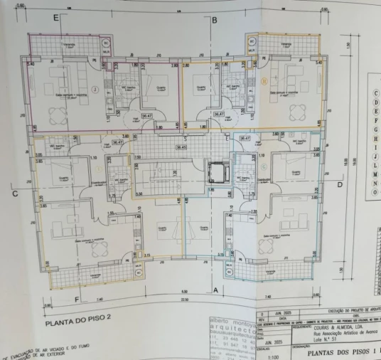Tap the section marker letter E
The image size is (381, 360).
(55, 18)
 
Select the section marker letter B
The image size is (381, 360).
(214, 20)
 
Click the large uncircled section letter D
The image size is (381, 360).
(340, 184)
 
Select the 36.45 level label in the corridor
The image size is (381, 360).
(181, 147)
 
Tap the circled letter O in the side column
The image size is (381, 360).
(374, 191)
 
